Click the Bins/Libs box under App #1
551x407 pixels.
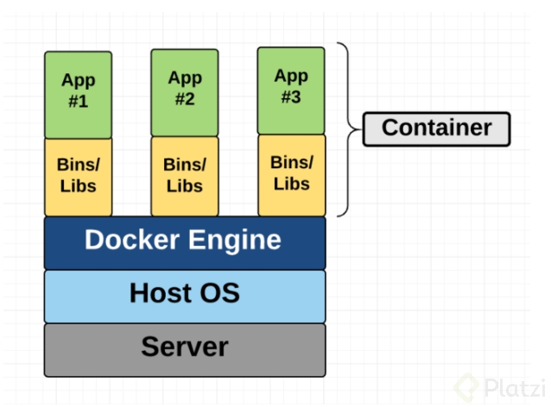78,176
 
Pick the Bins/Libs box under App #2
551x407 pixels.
184,176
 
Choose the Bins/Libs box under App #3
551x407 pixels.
291,173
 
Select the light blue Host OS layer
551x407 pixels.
185,295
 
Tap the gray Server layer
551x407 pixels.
185,348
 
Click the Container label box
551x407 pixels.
436,128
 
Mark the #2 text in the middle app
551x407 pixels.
184,99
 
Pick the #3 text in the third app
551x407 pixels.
291,97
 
